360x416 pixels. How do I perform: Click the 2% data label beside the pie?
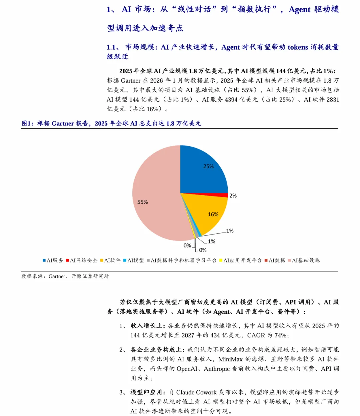tap(233, 196)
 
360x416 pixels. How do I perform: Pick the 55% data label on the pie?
tap(143, 202)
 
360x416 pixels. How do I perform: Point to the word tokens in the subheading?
tap(298, 47)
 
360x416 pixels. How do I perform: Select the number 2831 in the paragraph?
tap(332, 100)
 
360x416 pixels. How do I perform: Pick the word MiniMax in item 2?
tap(230, 359)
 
